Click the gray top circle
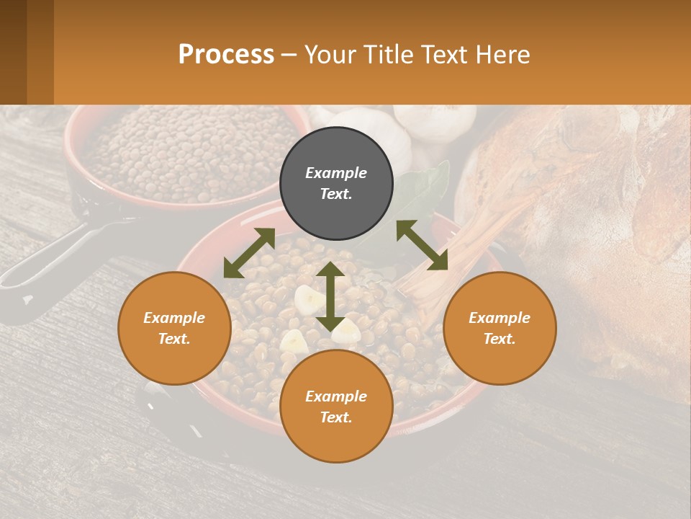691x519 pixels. (336, 184)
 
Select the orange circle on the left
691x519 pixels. (174, 329)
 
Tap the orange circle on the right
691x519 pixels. (500, 329)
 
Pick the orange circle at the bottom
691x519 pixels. (336, 407)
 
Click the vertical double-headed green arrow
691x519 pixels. (330, 296)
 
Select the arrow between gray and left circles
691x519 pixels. (249, 253)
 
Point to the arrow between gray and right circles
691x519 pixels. (422, 245)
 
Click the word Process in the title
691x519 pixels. (226, 54)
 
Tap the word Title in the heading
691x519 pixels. (389, 54)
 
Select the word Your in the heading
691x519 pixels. (331, 54)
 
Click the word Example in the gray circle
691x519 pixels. (336, 173)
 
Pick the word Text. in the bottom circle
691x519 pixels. (336, 417)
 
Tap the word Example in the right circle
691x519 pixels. (500, 318)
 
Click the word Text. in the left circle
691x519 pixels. (174, 340)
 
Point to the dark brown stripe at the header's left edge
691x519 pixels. (13, 52)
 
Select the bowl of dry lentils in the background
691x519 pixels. (187, 151)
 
